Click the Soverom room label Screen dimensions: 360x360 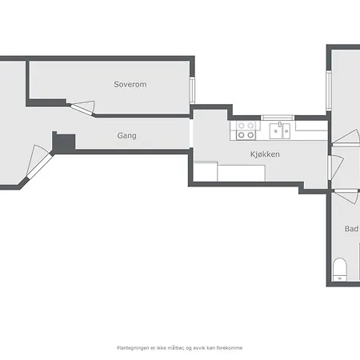[x=130, y=84]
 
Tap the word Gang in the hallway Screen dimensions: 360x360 [x=126, y=136]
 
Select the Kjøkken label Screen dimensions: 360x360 [x=264, y=154]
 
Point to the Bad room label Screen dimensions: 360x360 [x=351, y=229]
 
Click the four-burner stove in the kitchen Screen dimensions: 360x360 [x=246, y=130]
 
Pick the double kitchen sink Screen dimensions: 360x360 [x=279, y=129]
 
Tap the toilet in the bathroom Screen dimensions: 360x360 [x=339, y=268]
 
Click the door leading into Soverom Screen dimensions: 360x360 [x=82, y=107]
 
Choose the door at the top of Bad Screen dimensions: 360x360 [x=346, y=194]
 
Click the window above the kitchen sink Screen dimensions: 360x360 [x=279, y=118]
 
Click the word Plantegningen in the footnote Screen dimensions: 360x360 [x=134, y=348]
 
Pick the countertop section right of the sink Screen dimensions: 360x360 [x=311, y=126]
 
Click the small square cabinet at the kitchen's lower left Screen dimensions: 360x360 [x=206, y=171]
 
